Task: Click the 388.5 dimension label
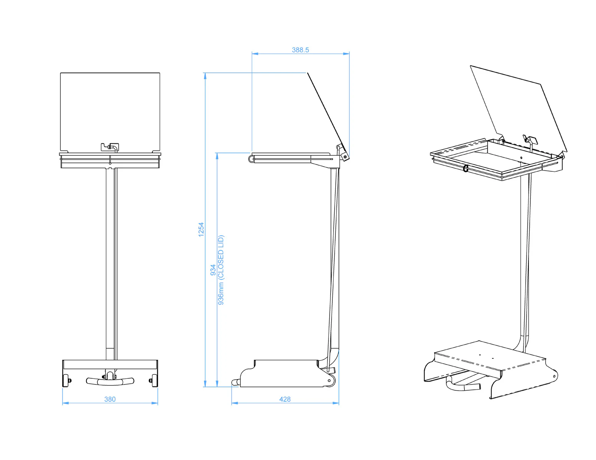(x=300, y=50)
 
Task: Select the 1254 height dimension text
(x=201, y=229)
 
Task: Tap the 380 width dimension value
(x=110, y=399)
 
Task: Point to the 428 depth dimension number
(x=285, y=399)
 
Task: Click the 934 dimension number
(x=213, y=270)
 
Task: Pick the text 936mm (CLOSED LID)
(x=221, y=270)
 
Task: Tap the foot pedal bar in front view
(x=110, y=381)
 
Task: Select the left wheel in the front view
(x=66, y=380)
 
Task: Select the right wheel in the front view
(x=155, y=380)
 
